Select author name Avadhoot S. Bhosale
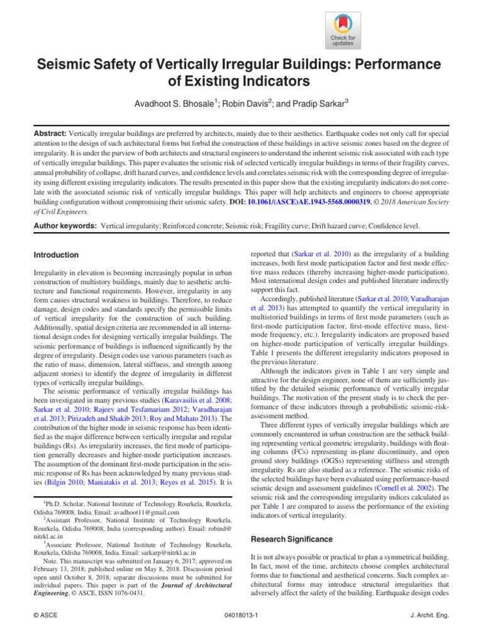pyautogui.click(x=167, y=101)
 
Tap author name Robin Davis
pyautogui.click(x=238, y=101)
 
